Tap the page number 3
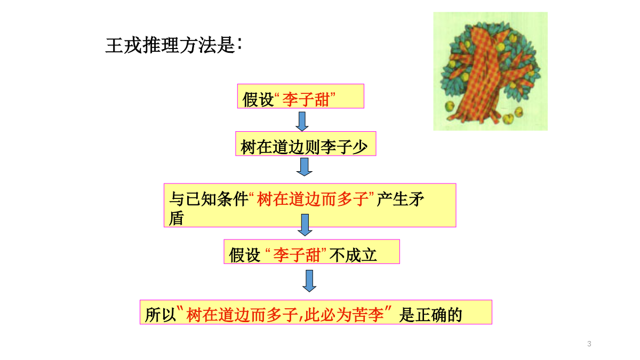589,343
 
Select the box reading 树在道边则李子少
306,143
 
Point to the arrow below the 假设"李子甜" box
302,122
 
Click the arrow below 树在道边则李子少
305,167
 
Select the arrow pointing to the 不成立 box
305,225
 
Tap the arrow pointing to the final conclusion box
309,281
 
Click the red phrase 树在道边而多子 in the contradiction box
313,199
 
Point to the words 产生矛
400,199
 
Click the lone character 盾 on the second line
177,218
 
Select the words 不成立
353,255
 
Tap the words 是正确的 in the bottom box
430,315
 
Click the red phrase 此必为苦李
344,315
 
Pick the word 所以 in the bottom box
161,315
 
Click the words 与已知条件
209,199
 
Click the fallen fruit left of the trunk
450,106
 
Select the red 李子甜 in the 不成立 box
297,255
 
